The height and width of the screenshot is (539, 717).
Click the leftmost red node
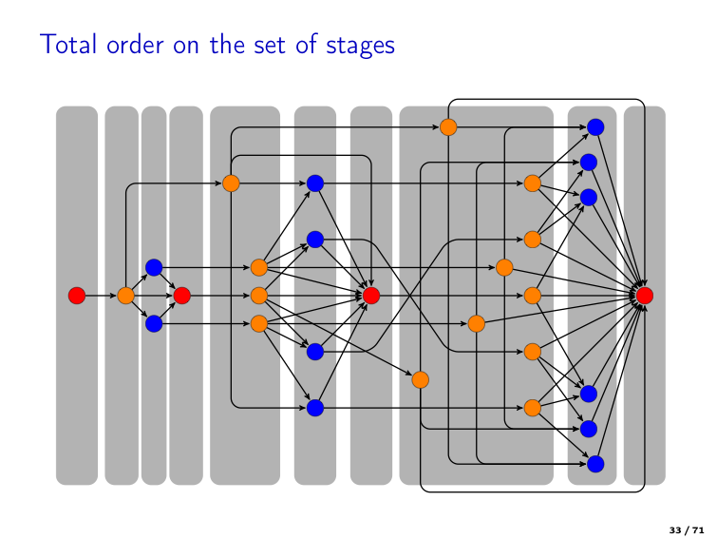(77, 296)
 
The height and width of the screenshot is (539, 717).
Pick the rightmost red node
(644, 296)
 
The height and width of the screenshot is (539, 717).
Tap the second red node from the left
(182, 296)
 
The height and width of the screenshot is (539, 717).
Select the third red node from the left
(371, 296)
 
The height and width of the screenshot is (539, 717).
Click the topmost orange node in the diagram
(448, 126)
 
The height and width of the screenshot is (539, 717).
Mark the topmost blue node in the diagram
(595, 126)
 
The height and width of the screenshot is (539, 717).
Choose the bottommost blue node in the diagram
(595, 464)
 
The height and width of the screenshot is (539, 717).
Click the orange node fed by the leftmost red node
(125, 296)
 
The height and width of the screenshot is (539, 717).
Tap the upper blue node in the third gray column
(154, 267)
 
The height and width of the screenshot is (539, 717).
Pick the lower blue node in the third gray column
(154, 324)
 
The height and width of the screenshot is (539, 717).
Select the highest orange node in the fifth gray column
(231, 183)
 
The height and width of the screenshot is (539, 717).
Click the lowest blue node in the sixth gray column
(315, 408)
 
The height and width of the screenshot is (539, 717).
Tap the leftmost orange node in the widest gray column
(420, 379)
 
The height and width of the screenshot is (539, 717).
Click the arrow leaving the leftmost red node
(101, 296)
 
